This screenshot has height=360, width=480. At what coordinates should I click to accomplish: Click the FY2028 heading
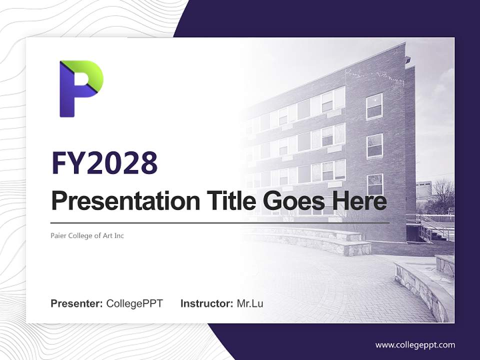click(x=104, y=162)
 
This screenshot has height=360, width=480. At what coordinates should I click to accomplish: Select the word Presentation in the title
click(x=118, y=201)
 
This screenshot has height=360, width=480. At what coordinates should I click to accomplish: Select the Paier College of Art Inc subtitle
click(x=87, y=235)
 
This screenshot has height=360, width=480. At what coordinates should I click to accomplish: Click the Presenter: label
click(x=77, y=303)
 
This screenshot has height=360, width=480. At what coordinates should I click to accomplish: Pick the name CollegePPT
click(x=134, y=303)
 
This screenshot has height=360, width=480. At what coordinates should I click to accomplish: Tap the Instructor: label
click(x=206, y=303)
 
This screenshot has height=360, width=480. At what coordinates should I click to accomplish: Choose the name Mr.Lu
click(x=250, y=303)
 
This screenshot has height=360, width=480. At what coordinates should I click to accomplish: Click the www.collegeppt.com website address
click(x=415, y=344)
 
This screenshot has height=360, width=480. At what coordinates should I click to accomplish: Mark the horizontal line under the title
click(x=220, y=222)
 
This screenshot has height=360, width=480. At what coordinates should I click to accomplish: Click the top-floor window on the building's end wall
click(x=374, y=106)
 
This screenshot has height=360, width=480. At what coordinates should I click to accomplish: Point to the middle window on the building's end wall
click(x=374, y=146)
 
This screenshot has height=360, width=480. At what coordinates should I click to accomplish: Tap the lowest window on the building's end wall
click(x=375, y=184)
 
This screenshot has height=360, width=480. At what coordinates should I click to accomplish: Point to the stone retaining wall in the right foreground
click(x=420, y=287)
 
